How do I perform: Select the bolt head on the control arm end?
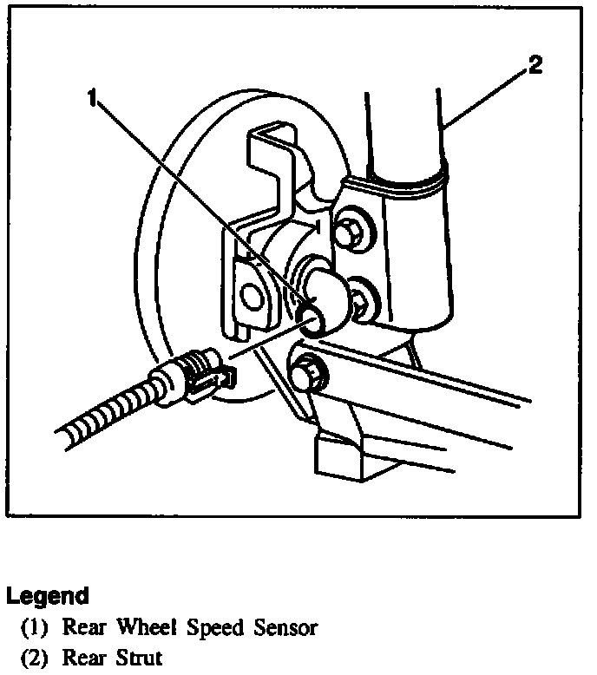(x=307, y=372)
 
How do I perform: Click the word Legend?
(x=47, y=596)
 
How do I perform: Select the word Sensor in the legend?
(x=287, y=627)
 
